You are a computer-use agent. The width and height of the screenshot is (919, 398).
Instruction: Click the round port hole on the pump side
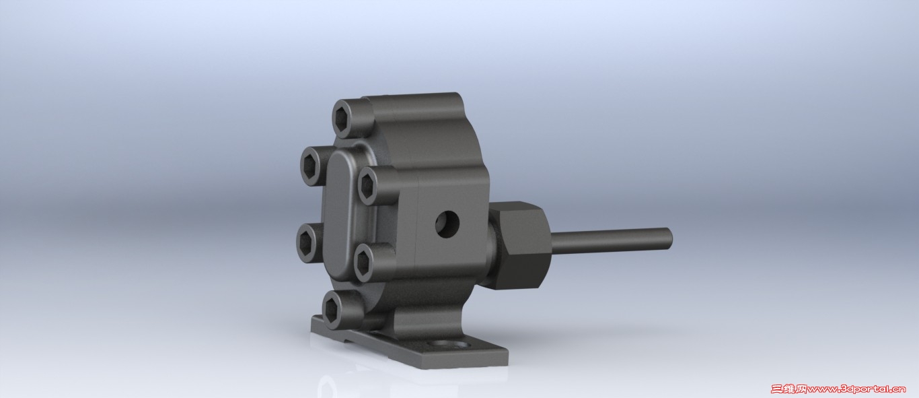click(x=447, y=225)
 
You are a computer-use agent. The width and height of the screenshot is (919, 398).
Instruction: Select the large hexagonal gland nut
click(x=519, y=245)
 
